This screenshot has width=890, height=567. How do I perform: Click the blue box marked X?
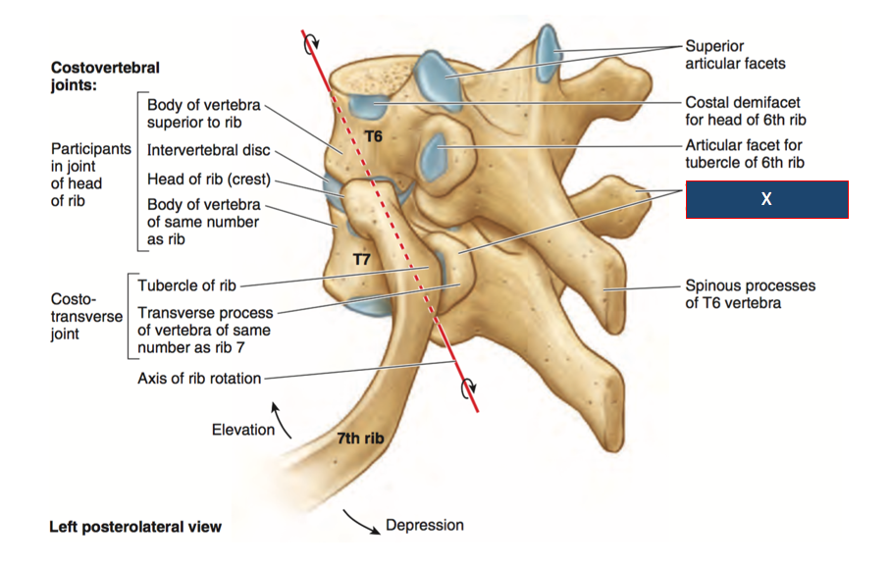click(x=766, y=199)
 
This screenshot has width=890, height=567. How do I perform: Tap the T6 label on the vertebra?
click(x=373, y=136)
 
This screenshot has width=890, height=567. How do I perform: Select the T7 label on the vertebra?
click(x=361, y=259)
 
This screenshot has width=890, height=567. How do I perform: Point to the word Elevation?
click(x=243, y=430)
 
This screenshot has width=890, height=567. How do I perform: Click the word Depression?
click(x=424, y=525)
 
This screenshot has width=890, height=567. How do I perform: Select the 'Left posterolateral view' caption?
click(x=135, y=527)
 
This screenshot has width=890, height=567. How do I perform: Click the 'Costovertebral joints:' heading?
click(x=104, y=77)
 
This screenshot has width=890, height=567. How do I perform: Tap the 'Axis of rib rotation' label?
click(x=199, y=379)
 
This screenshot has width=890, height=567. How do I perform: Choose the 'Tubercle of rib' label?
click(x=186, y=285)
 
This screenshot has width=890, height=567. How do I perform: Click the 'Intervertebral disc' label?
click(x=208, y=151)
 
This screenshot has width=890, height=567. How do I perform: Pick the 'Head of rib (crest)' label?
click(x=208, y=180)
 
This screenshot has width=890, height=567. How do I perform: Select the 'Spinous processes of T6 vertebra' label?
click(x=750, y=294)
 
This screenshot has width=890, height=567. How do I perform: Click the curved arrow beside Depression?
click(x=360, y=522)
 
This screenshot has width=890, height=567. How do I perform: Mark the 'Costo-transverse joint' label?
click(x=86, y=315)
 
